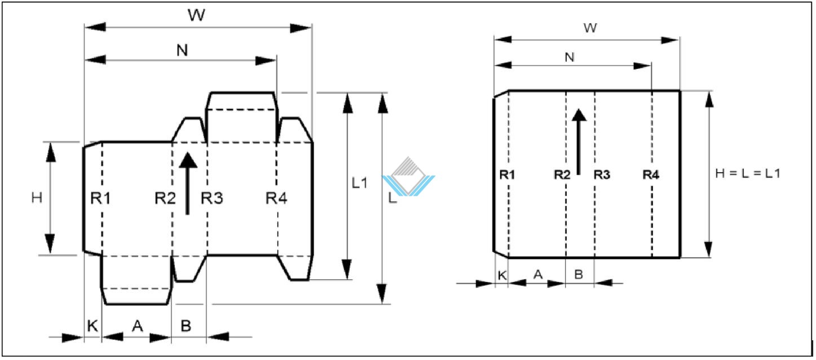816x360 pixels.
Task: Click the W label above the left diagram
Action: [196, 15]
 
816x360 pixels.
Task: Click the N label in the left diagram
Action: [182, 50]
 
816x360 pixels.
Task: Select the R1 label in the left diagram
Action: [100, 198]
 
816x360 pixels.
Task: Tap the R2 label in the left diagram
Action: [165, 198]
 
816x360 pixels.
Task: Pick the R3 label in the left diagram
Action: [211, 198]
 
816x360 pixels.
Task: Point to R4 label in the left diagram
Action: [276, 198]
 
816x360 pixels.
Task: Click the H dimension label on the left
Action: [37, 198]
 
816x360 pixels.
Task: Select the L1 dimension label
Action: [360, 183]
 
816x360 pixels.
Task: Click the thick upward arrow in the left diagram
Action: [188, 183]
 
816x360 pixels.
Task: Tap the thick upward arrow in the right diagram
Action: [579, 142]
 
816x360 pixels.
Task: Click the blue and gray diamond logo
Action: [408, 177]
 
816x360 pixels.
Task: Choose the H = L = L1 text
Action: [748, 173]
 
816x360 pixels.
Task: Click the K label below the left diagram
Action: [92, 326]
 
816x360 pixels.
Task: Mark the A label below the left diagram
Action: [138, 326]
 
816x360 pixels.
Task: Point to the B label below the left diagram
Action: [186, 326]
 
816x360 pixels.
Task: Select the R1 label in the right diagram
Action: [507, 175]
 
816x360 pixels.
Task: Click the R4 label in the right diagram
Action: [651, 175]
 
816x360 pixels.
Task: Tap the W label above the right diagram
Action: [590, 28]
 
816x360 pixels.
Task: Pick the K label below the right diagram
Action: [502, 275]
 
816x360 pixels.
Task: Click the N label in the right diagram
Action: [570, 57]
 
